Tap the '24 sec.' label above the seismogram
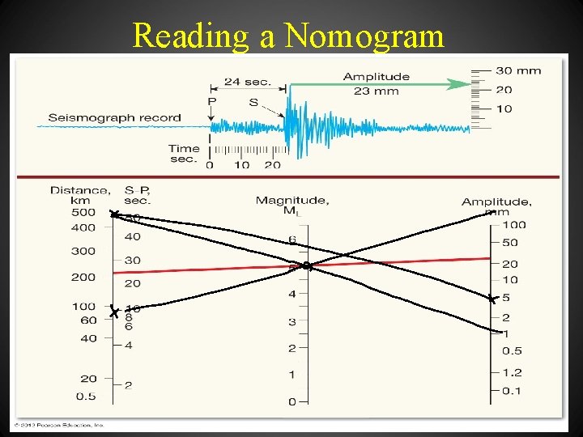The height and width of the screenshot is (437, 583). (x=247, y=82)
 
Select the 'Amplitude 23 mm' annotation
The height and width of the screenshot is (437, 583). (x=376, y=83)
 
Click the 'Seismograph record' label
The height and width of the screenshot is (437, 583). (x=114, y=117)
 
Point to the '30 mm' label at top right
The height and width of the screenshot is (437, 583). (x=518, y=70)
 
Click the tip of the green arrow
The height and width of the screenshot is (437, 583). (x=470, y=83)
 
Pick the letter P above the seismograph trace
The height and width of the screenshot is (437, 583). (x=211, y=101)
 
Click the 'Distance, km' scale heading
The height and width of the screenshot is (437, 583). (x=80, y=195)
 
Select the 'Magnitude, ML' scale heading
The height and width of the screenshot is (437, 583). (x=291, y=206)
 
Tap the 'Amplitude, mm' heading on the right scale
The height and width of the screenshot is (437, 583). (x=496, y=206)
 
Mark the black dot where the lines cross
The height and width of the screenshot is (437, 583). (x=306, y=265)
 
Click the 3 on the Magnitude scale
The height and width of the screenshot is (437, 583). (x=292, y=321)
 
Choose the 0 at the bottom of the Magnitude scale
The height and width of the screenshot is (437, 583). (x=292, y=401)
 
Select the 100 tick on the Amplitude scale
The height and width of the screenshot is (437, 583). (x=513, y=224)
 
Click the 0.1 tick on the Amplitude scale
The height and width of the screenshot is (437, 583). (x=512, y=391)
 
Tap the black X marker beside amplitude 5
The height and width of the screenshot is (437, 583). (x=492, y=299)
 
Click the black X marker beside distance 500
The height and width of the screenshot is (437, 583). (x=114, y=214)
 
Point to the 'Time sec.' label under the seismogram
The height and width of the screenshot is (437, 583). (x=184, y=153)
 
